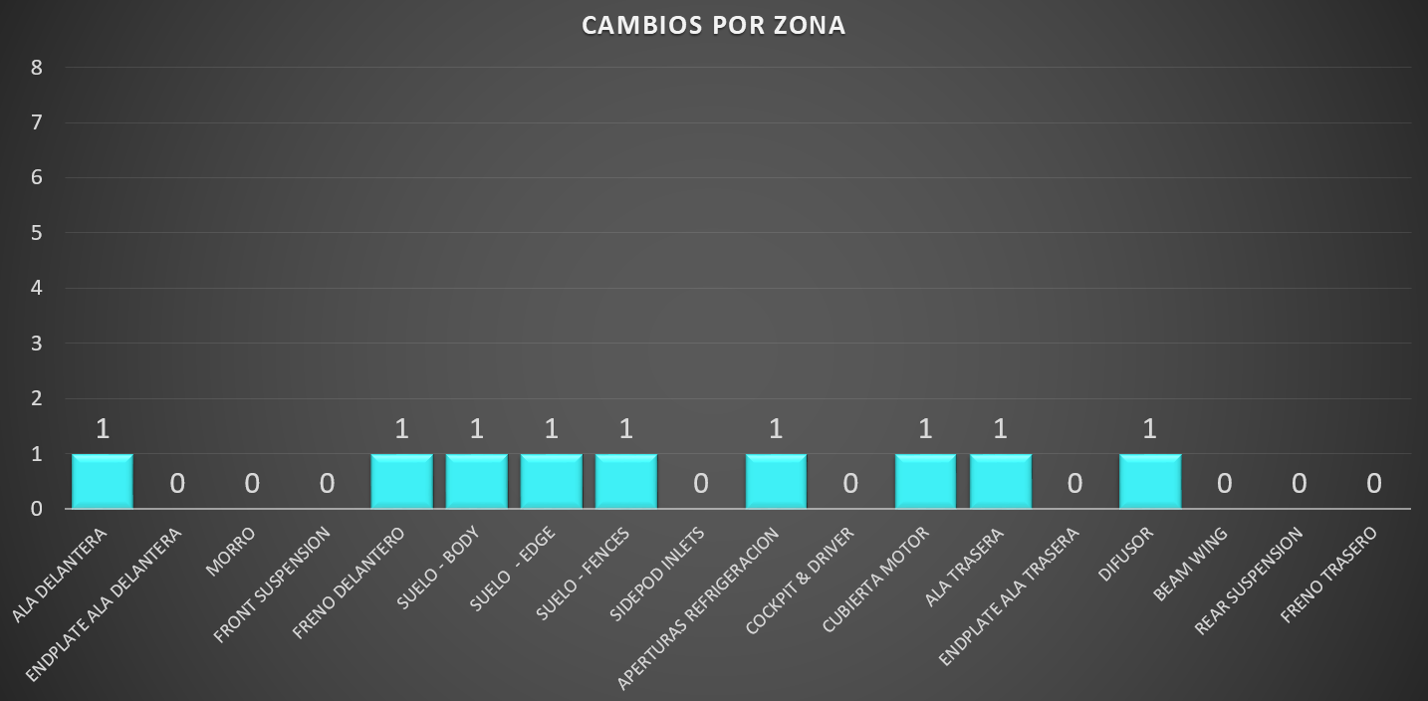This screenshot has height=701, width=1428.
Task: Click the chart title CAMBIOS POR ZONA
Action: point(713,26)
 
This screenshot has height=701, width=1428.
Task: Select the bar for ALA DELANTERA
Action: point(103,481)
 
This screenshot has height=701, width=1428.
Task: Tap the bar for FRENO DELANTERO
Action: point(401,481)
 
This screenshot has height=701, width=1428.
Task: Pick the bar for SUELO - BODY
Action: point(476,481)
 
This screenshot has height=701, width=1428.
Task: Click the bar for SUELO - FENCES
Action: point(626,481)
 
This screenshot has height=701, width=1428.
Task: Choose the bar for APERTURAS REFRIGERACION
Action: point(776,481)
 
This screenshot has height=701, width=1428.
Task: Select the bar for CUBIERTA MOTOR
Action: point(925,481)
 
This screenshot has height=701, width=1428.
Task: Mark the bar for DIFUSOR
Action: point(1149,481)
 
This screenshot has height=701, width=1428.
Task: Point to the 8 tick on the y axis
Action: point(37,68)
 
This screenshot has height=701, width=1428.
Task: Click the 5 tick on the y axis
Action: point(37,233)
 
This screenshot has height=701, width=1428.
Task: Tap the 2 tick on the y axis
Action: point(37,398)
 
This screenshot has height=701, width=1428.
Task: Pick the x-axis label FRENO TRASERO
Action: point(1328,575)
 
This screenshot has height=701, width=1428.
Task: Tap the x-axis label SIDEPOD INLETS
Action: point(657,574)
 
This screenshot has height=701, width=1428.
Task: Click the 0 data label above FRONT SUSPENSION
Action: point(327,484)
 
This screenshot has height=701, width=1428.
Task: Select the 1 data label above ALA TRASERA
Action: point(1000,429)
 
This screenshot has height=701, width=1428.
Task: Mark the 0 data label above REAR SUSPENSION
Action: point(1299,484)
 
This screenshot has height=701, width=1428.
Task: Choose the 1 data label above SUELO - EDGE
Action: point(551,429)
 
